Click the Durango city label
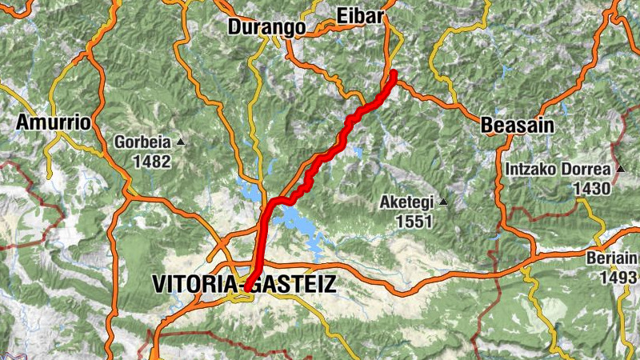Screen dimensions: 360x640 click(266, 26)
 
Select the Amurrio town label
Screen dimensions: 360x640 click(54, 123)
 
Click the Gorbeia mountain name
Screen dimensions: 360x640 click(142, 142)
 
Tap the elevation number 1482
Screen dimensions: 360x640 click(153, 161)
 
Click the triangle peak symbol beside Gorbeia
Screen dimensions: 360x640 click(181, 142)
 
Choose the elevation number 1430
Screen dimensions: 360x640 click(591, 189)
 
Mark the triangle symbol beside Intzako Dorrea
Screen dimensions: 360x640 click(620, 170)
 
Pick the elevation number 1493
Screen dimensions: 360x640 click(620, 277)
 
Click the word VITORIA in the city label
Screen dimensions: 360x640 click(195, 283)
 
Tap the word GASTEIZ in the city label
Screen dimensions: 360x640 click(295, 283)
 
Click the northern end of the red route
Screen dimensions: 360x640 click(394, 74)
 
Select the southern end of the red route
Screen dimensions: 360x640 click(247, 286)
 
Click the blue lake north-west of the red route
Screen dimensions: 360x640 click(251, 193)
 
